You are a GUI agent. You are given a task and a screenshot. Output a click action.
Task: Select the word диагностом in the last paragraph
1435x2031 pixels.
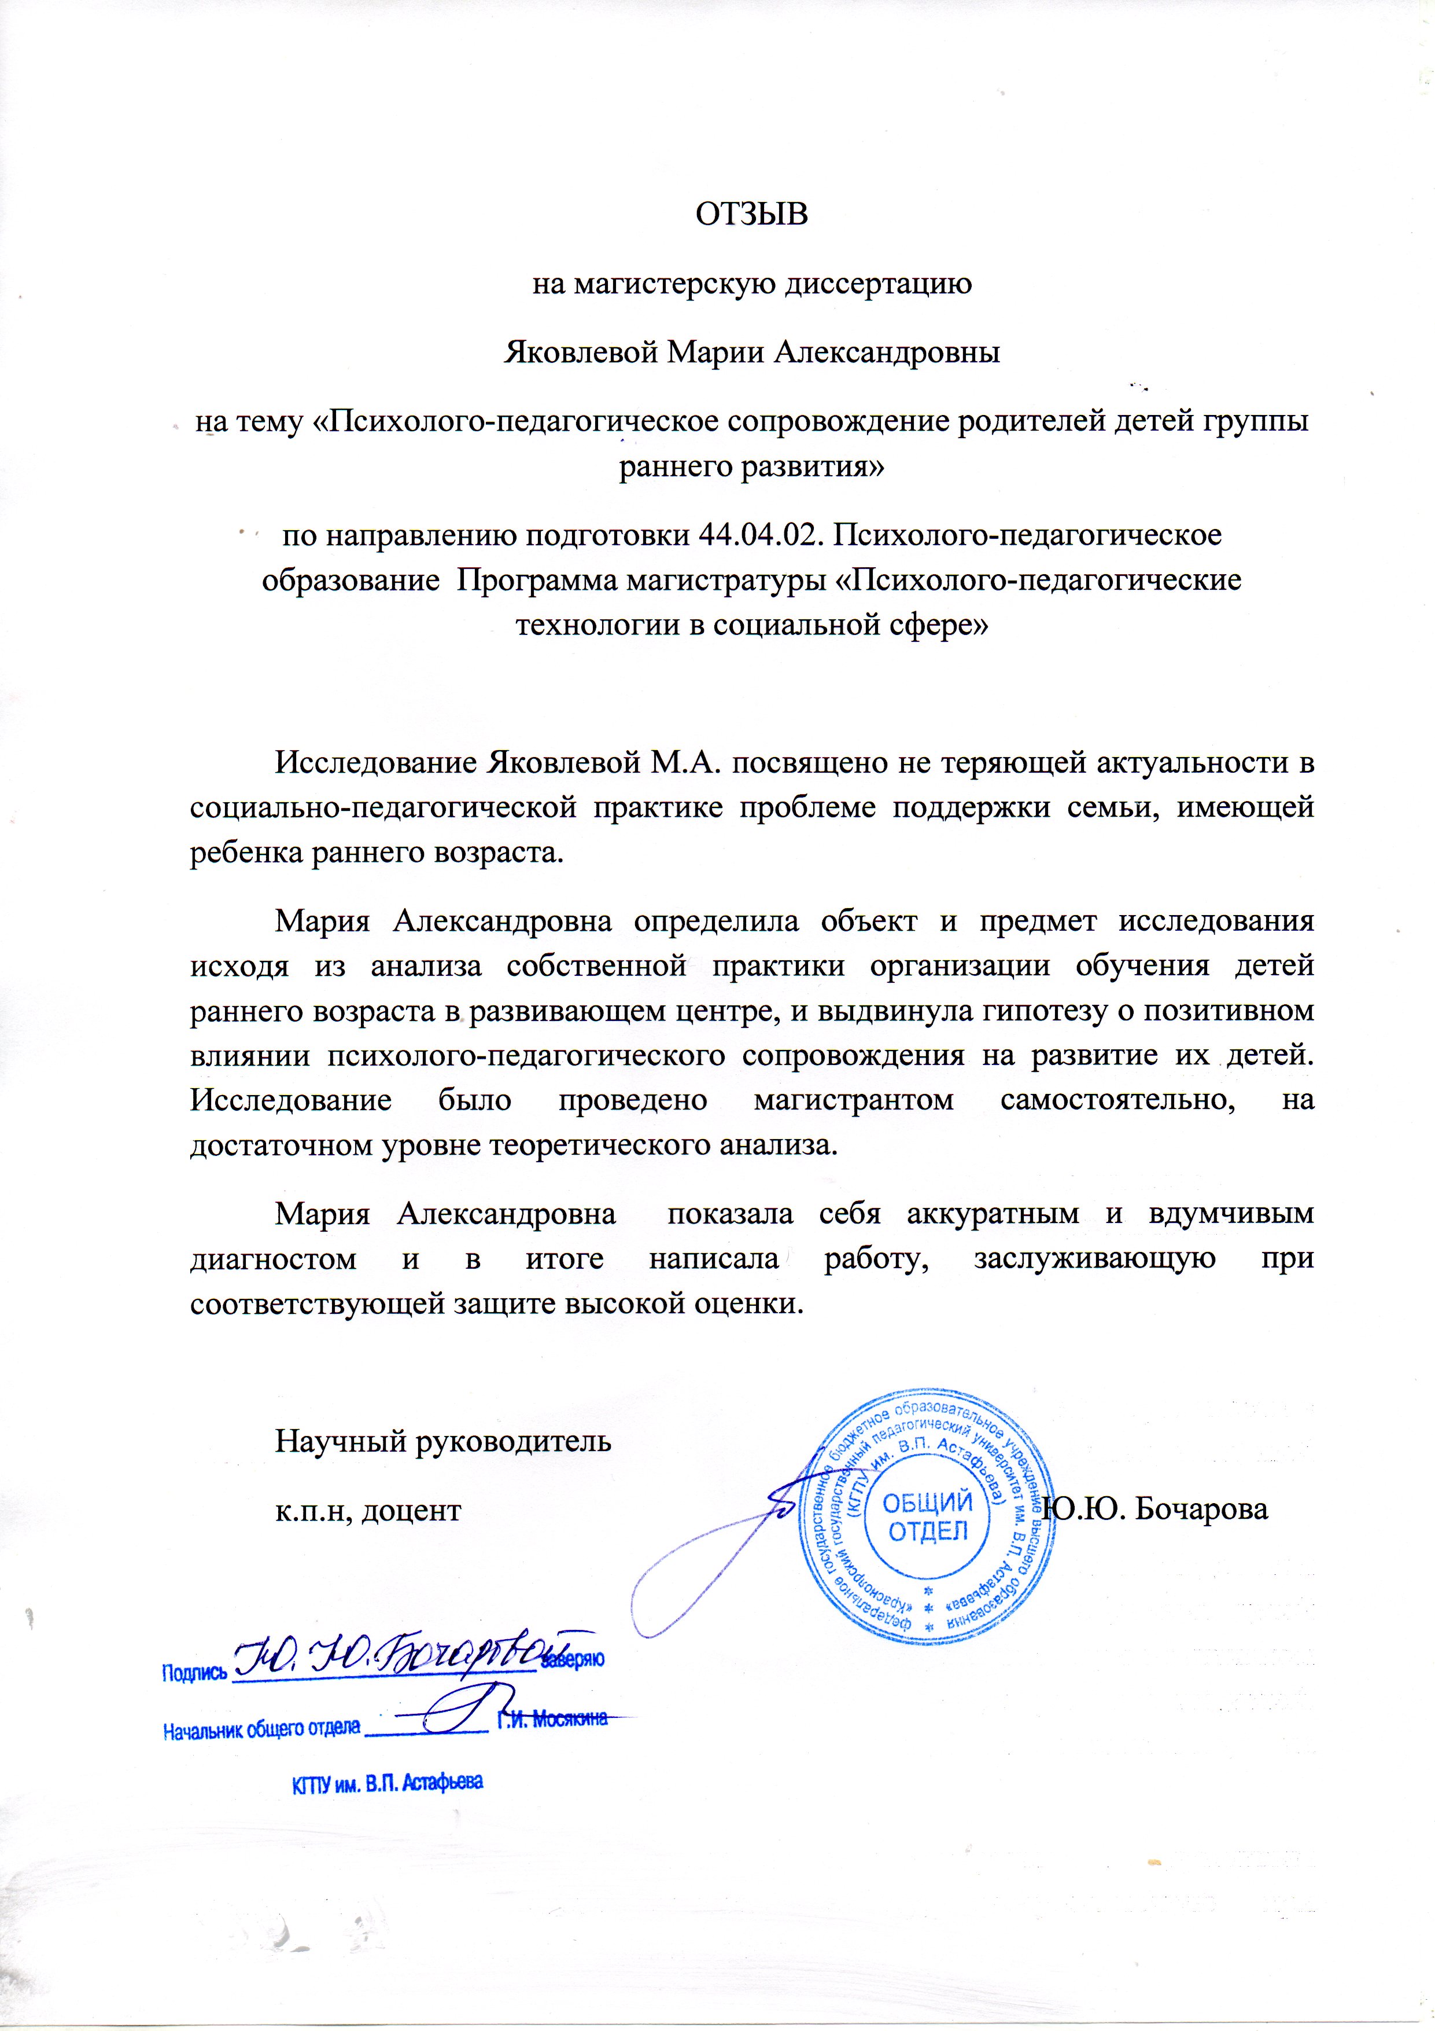(x=273, y=1258)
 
